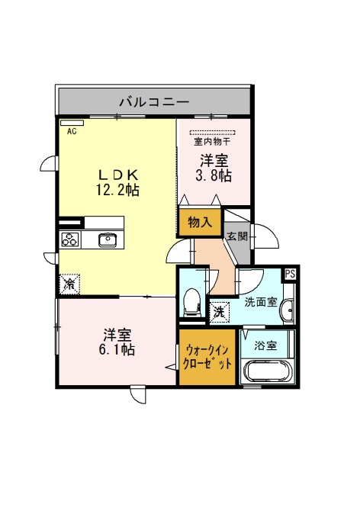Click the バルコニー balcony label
[x=154, y=101]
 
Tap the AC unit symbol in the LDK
[x=72, y=123]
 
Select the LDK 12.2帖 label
[x=117, y=182]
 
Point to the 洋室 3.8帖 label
[x=214, y=169]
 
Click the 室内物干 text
[x=212, y=142]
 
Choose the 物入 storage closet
[x=200, y=222]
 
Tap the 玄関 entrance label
[x=236, y=236]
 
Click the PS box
[x=291, y=274]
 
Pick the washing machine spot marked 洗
[x=219, y=312]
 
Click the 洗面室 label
[x=260, y=302]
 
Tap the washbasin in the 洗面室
[x=288, y=310]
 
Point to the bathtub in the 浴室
[x=268, y=371]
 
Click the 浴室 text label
[x=265, y=346]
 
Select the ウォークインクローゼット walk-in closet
[x=207, y=357]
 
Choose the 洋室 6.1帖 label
[x=117, y=342]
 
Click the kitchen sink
[x=108, y=240]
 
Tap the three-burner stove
[x=70, y=239]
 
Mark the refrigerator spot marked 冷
[x=70, y=284]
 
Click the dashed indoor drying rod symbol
[x=213, y=133]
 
